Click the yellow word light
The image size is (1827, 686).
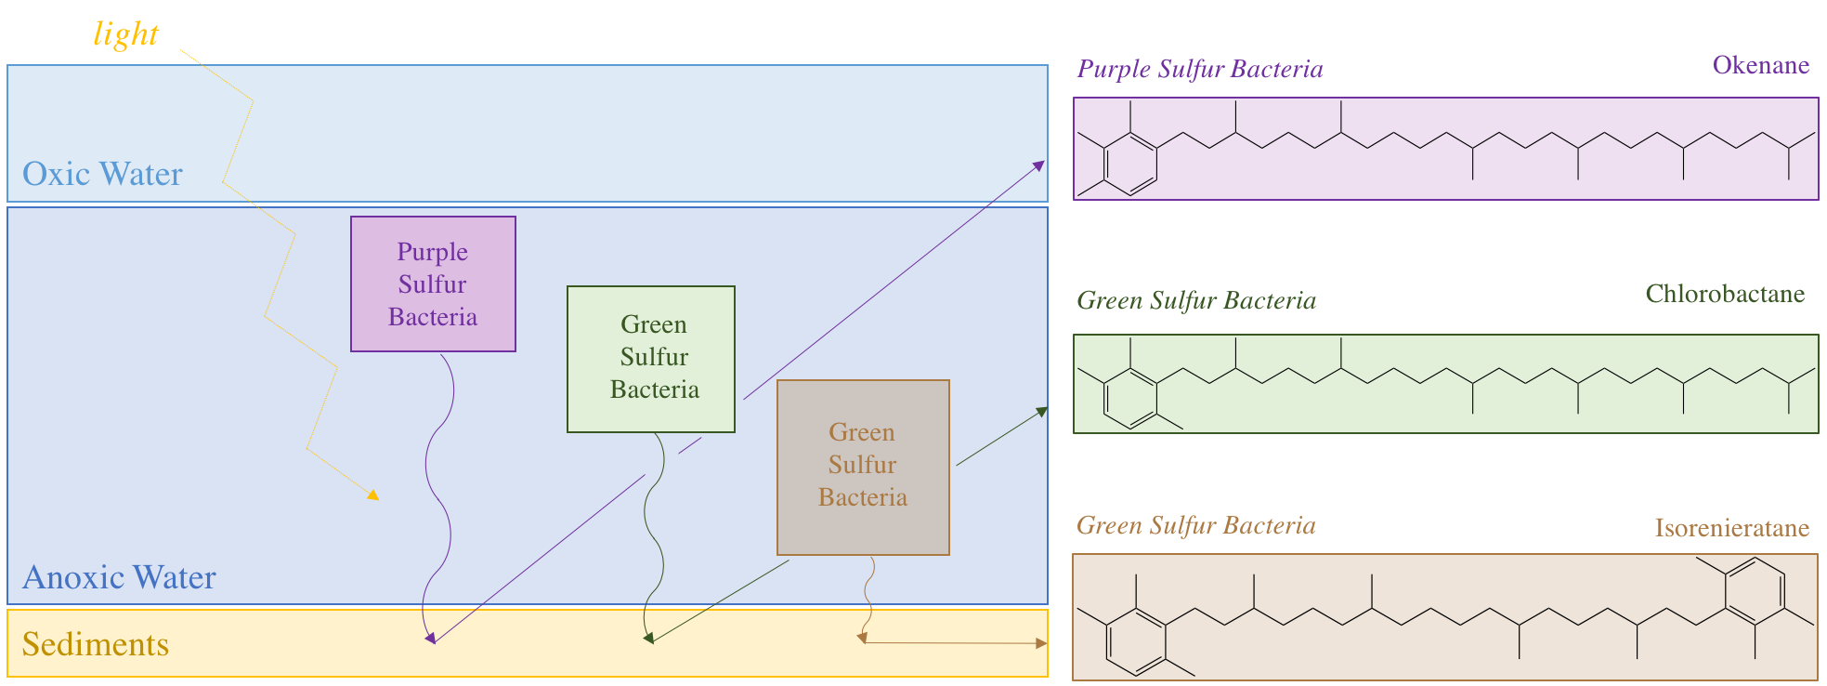coord(126,34)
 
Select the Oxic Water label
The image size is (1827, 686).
coord(102,174)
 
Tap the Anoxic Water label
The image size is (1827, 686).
coord(119,577)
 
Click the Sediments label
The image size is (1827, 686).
coord(96,644)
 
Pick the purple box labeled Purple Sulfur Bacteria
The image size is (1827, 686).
coord(433,284)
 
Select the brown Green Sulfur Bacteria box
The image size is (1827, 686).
coord(863,467)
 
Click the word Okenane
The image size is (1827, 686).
coord(1760,65)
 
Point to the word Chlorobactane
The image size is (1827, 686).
coord(1725,294)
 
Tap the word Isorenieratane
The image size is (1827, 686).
coord(1731,528)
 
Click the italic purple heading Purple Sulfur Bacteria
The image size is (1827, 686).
coord(1200,69)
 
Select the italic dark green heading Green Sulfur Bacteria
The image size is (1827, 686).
coord(1196,300)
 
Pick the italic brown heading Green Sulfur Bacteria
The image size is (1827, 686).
coord(1196,525)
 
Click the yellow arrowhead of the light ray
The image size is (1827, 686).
coord(373,495)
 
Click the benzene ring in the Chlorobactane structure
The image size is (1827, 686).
coord(1130,398)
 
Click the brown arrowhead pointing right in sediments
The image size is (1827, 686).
coord(1041,642)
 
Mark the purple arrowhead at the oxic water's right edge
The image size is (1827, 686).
coord(1039,165)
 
